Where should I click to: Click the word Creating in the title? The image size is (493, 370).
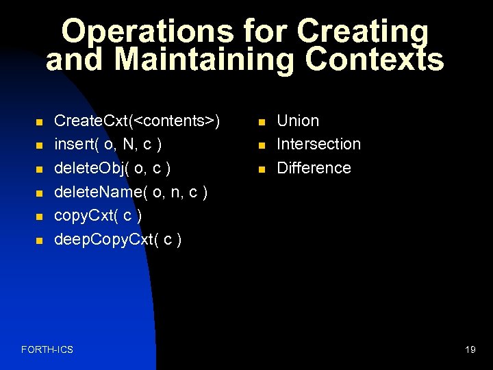[363, 32]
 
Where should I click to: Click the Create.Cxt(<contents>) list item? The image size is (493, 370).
[137, 121]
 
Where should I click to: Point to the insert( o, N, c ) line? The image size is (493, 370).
[108, 145]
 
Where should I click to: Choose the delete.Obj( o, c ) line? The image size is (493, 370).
[112, 169]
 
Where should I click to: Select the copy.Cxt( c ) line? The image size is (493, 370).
[97, 216]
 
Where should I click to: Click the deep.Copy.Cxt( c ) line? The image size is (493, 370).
[117, 240]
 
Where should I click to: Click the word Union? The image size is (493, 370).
[298, 121]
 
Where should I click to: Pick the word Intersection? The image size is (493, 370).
[318, 145]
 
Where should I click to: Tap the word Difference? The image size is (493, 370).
[314, 169]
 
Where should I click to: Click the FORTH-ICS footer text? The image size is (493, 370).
[47, 350]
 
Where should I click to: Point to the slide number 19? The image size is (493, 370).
[470, 350]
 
